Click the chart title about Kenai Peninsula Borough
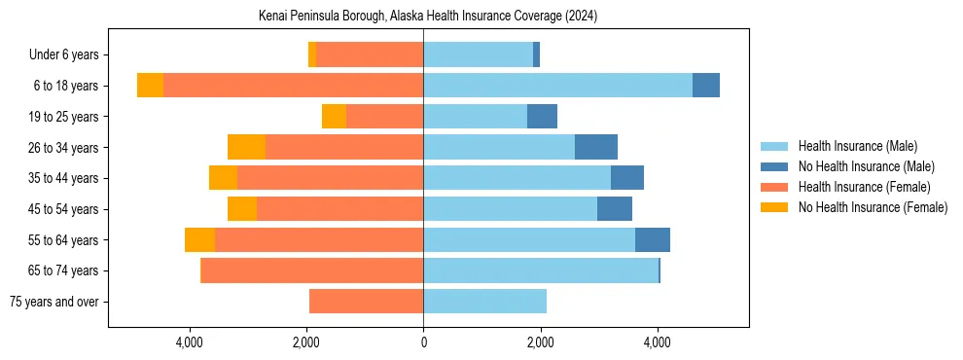[428, 17]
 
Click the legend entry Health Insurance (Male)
[857, 146]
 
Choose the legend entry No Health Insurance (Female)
[873, 207]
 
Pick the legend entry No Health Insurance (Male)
[866, 166]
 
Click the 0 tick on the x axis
[423, 342]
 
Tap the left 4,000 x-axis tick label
[189, 342]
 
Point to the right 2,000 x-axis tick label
[540, 342]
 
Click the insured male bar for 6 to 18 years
[557, 86]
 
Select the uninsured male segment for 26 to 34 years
[596, 147]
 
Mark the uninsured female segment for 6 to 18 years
[150, 86]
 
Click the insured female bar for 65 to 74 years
[311, 270]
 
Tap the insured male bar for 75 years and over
[484, 302]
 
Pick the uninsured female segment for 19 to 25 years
[334, 117]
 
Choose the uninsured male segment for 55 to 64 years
[653, 239]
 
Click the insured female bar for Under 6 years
[370, 55]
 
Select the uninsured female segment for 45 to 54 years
[242, 209]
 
